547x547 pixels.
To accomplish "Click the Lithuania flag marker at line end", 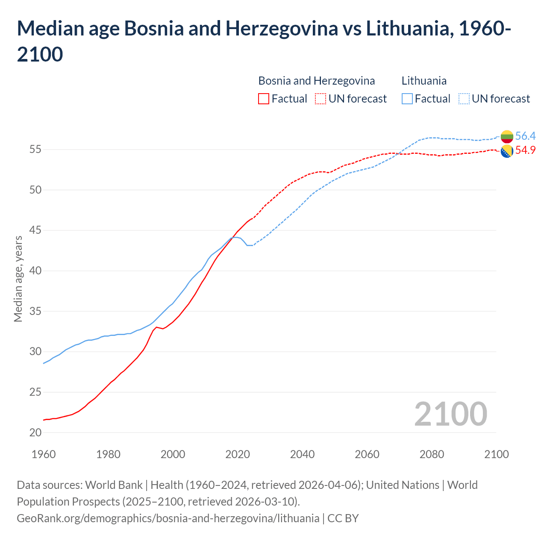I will [507, 137].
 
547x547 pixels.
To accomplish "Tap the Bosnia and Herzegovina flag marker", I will [507, 151].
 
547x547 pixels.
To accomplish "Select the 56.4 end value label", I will [525, 136].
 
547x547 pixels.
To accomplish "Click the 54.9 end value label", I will [525, 150].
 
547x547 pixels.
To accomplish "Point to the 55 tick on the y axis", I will [35, 150].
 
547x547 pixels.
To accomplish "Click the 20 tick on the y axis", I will [35, 432].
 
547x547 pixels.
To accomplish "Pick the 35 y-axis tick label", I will [35, 311].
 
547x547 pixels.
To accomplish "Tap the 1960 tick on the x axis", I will [44, 454].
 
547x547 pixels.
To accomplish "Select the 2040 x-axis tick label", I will [302, 454].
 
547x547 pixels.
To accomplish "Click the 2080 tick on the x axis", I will [432, 454].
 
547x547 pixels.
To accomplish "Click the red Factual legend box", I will [264, 99].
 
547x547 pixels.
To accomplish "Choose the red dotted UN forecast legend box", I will [321, 99].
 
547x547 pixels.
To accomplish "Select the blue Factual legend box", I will [407, 99].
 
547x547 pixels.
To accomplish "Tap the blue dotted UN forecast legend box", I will [464, 99].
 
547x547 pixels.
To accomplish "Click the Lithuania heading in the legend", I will [424, 81].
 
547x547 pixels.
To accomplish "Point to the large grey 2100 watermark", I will [450, 414].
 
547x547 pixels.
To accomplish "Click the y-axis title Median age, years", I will [18, 279].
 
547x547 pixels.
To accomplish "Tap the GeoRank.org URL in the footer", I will [168, 518].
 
